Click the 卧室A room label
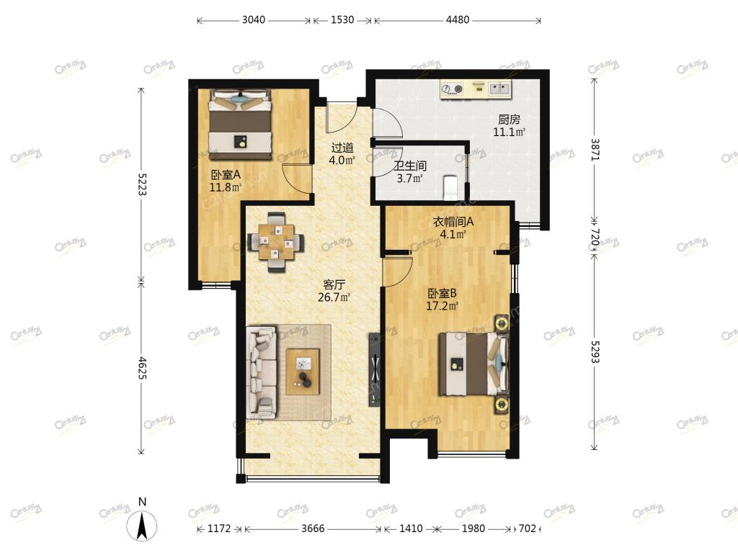point(226,175)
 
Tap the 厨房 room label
point(510,120)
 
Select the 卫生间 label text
point(410,166)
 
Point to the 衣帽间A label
point(453,222)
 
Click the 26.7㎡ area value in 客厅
point(334,297)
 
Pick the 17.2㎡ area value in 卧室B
point(442,307)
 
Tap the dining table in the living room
point(277,242)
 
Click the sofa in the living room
point(261,372)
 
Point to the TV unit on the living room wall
point(375,369)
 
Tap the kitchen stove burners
point(452,89)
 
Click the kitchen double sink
point(500,89)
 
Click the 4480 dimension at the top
point(458,19)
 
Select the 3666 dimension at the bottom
point(313,529)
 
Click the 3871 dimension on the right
point(595,150)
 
